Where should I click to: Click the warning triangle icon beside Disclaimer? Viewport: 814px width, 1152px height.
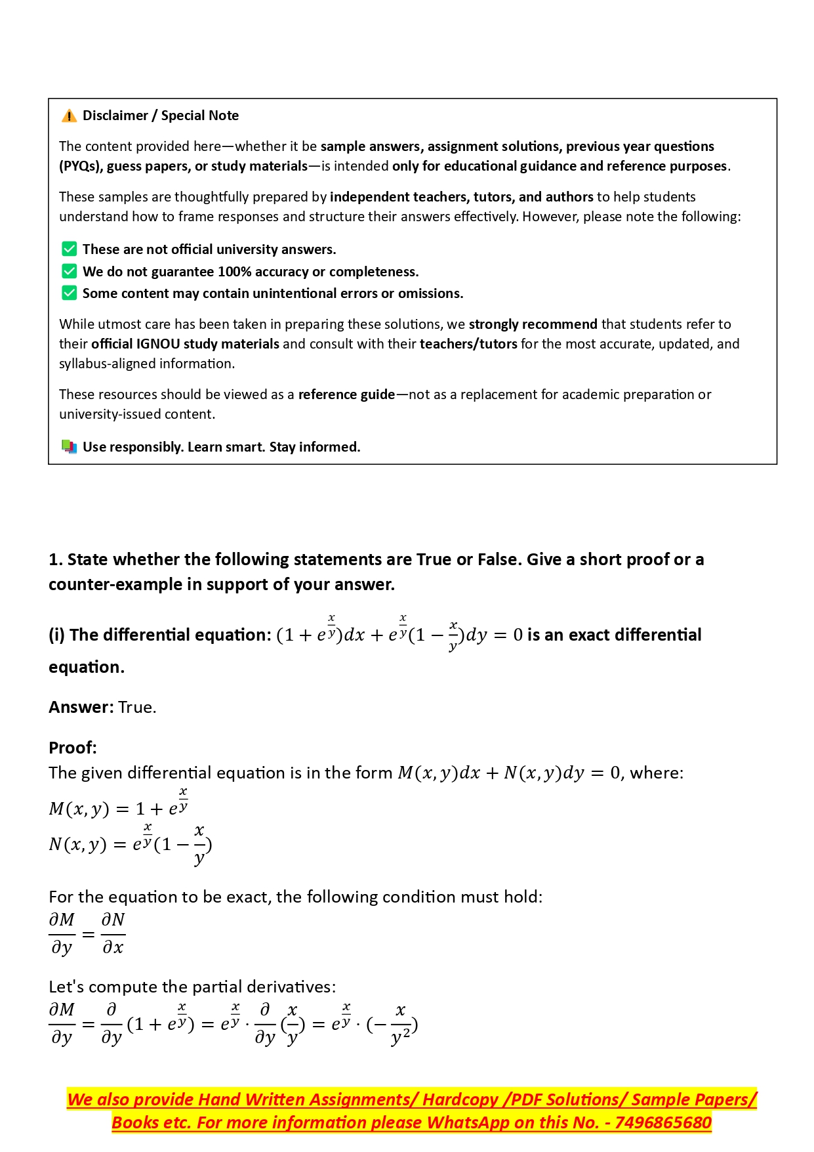click(x=69, y=116)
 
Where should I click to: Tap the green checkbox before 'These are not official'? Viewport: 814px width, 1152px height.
click(x=69, y=249)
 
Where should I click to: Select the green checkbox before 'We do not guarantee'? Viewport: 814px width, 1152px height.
click(x=69, y=271)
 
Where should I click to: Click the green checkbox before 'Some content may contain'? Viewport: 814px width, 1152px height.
click(x=69, y=293)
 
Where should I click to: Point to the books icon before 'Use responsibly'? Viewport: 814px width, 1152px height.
click(x=69, y=447)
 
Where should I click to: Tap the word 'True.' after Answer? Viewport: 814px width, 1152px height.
click(x=137, y=708)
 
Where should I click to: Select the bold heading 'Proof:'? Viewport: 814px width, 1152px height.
click(x=73, y=748)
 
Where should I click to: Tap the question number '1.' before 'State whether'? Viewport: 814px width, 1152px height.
click(x=56, y=560)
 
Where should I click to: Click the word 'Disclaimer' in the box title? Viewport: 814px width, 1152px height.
click(x=115, y=116)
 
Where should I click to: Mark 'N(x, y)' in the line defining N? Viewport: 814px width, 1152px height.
click(x=77, y=844)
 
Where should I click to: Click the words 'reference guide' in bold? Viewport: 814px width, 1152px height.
click(x=346, y=395)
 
